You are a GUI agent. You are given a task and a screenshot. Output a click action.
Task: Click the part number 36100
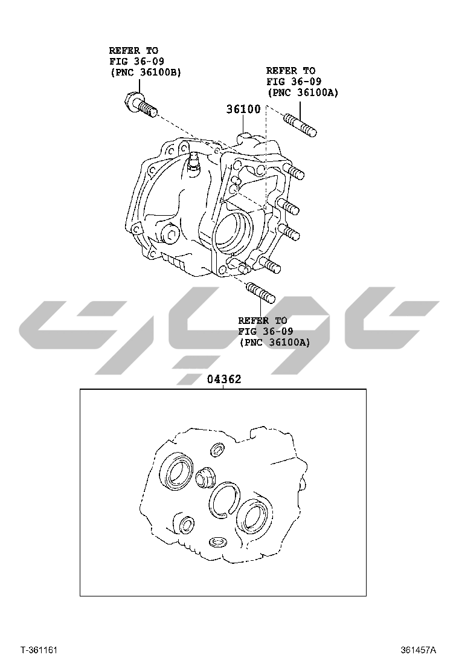[x=243, y=109]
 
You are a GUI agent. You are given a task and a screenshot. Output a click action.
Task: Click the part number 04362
[x=224, y=379]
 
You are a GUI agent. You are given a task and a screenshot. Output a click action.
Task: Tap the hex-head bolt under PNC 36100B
[x=140, y=105]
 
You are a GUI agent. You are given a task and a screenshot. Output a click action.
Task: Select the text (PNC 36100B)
[x=146, y=73]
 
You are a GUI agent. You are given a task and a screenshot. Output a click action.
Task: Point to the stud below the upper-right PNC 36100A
[x=301, y=124]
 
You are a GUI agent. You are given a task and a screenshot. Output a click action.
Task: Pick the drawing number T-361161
[x=39, y=650]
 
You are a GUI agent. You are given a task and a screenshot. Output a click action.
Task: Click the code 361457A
[x=419, y=650]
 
